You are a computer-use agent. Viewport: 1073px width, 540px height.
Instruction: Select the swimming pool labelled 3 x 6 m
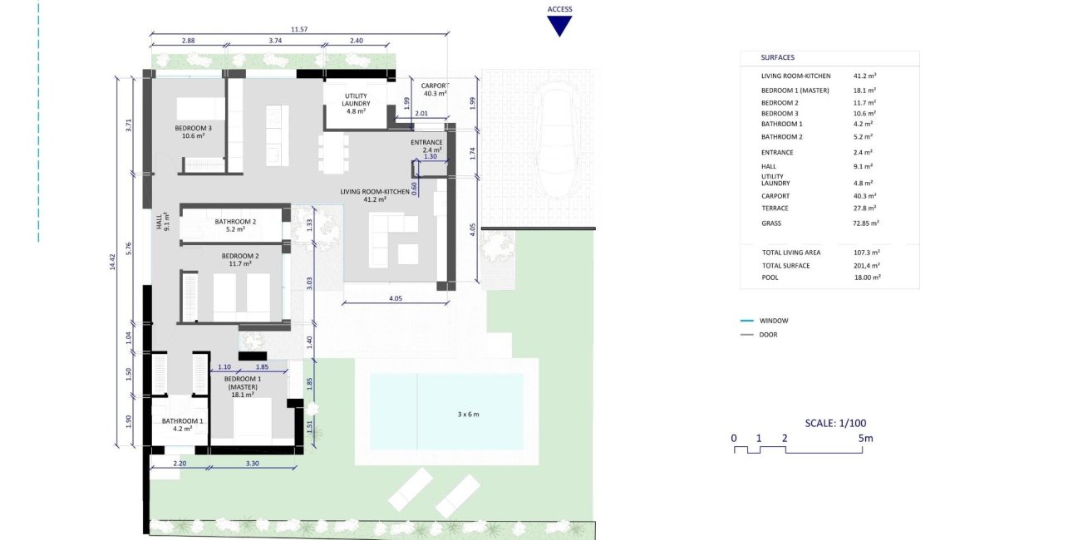click(447, 411)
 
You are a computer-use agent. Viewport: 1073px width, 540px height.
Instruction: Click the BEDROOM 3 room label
click(193, 132)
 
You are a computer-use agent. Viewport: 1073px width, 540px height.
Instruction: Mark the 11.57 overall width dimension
click(299, 30)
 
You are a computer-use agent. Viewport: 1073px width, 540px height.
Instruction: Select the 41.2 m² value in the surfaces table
click(865, 76)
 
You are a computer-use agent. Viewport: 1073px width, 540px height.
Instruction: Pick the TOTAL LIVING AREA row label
click(791, 252)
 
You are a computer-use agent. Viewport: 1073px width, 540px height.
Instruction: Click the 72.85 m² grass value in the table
click(866, 223)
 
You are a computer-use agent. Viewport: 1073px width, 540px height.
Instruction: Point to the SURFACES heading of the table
click(777, 58)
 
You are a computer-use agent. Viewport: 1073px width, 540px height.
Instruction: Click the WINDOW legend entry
click(773, 321)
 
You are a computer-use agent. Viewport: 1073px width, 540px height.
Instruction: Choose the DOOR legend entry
click(769, 335)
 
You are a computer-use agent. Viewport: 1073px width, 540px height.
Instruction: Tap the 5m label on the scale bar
click(866, 438)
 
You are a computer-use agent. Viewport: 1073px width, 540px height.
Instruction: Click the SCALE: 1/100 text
click(835, 423)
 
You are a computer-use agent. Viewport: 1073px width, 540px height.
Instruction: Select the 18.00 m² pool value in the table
click(867, 277)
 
